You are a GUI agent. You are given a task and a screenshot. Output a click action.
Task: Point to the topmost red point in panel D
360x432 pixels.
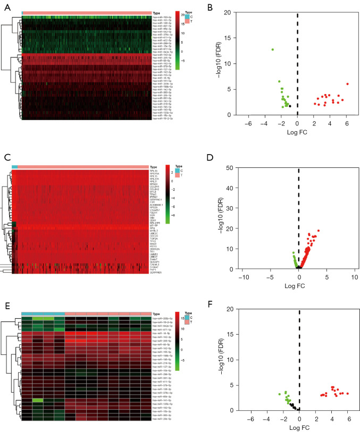[x=319, y=230]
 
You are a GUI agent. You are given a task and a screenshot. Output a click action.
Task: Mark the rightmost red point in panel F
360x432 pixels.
[x=347, y=394]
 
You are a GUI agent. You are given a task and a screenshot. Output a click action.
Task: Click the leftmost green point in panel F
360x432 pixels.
[x=280, y=394]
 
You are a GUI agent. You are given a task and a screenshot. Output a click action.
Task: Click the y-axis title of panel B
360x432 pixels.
[x=220, y=63]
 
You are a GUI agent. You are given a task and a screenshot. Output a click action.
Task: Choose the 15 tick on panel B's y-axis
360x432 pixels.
[x=235, y=38]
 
